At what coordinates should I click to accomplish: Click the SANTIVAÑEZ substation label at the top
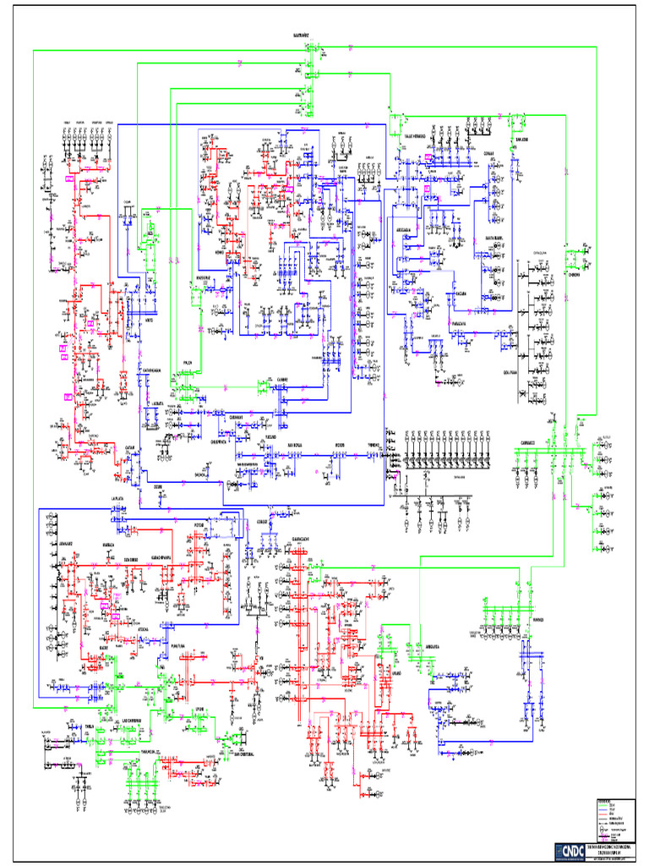coord(301,36)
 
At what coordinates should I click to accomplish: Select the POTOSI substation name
coord(199,525)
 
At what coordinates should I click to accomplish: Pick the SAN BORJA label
coord(294,443)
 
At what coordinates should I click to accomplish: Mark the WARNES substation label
coord(537,619)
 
